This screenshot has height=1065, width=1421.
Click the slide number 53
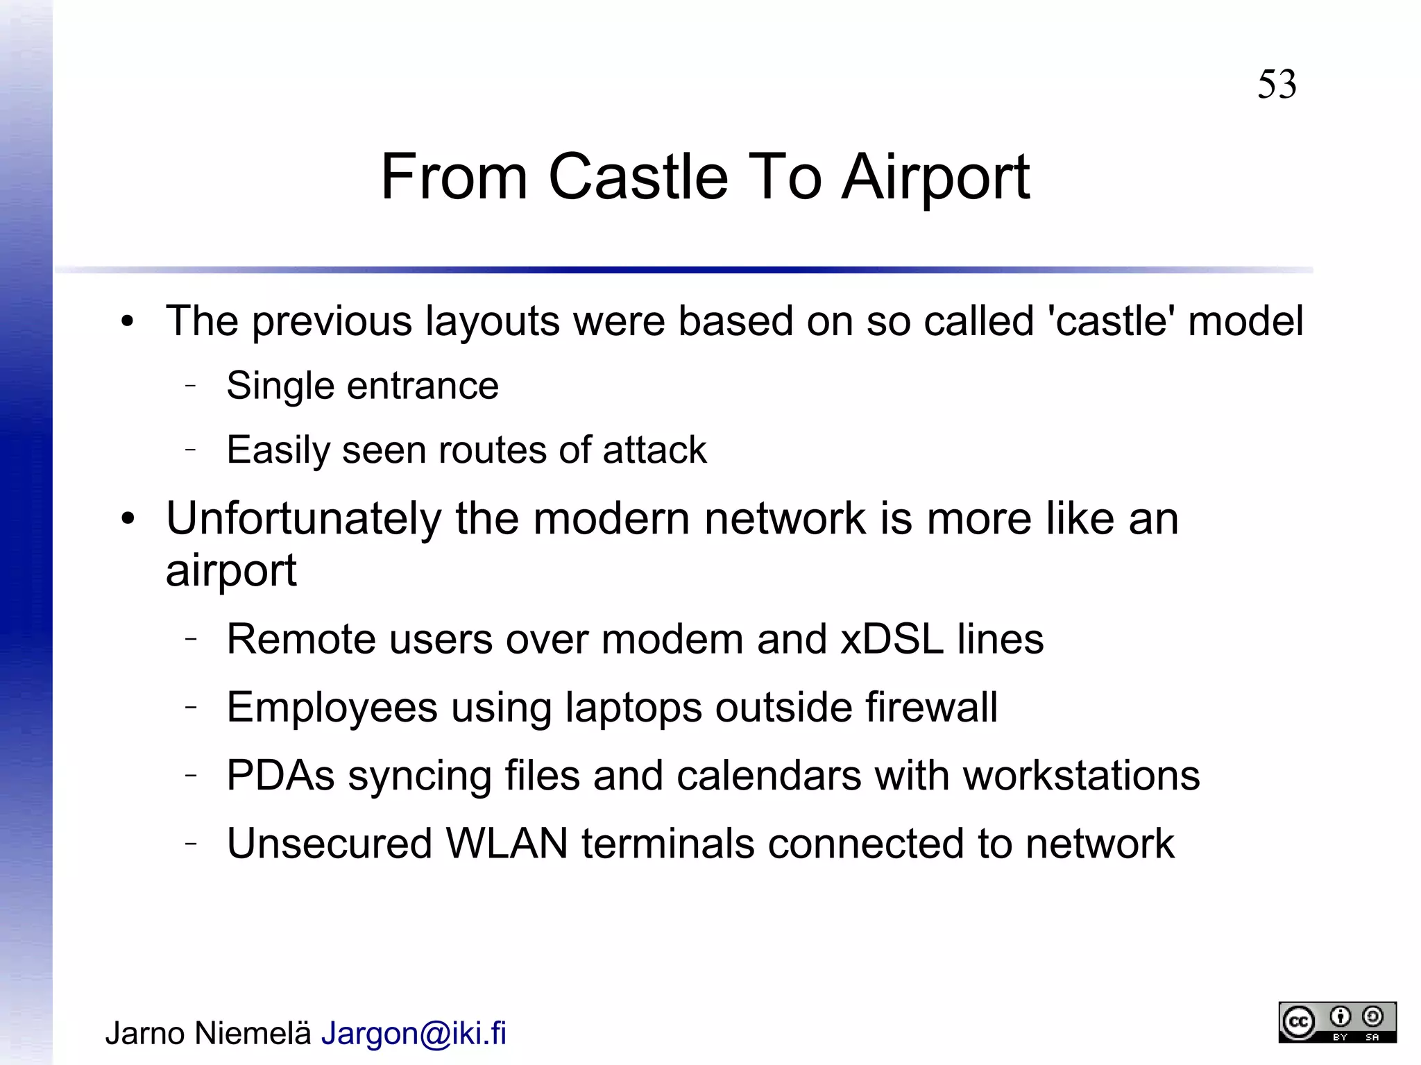click(x=1276, y=85)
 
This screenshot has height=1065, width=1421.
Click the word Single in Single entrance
click(x=280, y=386)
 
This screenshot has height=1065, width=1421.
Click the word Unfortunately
click(x=304, y=519)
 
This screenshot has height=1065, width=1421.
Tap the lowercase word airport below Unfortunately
click(x=231, y=572)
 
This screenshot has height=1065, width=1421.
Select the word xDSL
click(x=892, y=639)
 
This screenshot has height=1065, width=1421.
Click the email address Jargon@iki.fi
click(x=414, y=1033)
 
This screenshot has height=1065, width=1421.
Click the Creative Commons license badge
click(x=1336, y=1022)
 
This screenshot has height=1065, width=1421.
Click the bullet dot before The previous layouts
click(x=126, y=322)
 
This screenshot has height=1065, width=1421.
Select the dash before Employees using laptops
click(x=192, y=706)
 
